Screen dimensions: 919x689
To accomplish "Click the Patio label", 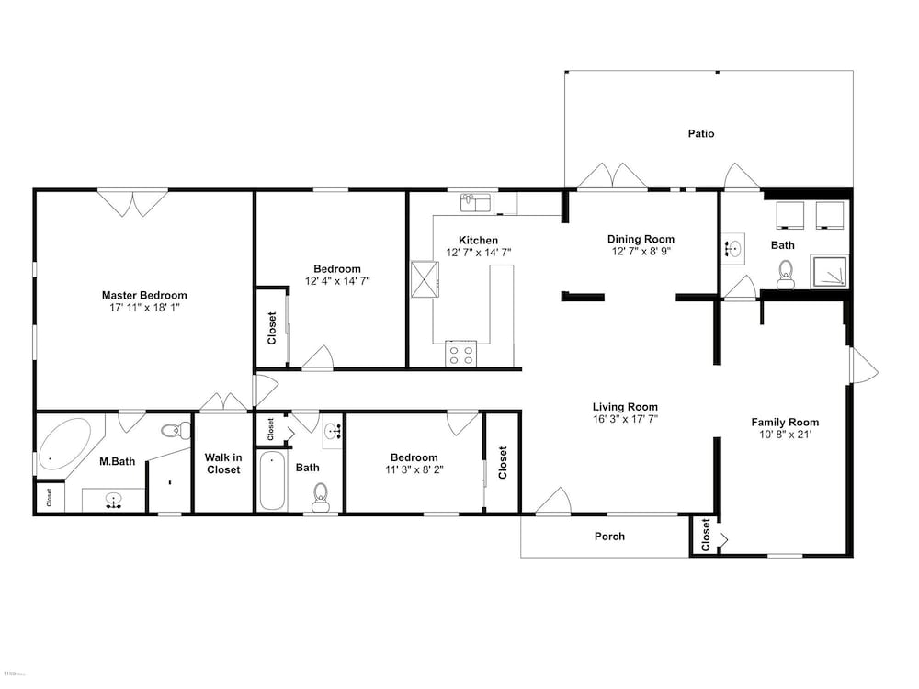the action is coord(701,133).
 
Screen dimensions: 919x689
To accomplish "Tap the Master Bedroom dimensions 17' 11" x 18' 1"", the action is coord(144,308).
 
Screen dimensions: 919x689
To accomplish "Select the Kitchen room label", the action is coord(478,240).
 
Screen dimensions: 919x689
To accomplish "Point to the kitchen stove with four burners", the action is coord(460,354).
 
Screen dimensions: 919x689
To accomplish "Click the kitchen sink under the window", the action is coord(477,203).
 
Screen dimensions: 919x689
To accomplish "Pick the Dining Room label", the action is coord(641,239).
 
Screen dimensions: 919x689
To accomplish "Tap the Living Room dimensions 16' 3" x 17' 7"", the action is coord(625,419).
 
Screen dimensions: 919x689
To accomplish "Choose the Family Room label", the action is coord(785,423).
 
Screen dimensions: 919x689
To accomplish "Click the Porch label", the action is coord(609,537).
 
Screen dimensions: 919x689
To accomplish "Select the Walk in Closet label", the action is coord(223,463).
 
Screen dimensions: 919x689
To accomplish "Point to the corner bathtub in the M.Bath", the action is coord(64,444).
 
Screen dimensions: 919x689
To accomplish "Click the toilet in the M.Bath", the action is coord(176,431).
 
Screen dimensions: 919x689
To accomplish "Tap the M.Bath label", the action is coord(118,462).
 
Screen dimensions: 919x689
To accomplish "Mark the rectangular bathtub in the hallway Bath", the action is coord(272,480).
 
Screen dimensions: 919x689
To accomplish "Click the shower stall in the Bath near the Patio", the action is coord(829,271).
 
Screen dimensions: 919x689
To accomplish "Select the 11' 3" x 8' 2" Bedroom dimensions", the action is coord(414,469).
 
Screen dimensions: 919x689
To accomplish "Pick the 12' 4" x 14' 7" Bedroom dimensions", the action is coord(337,281).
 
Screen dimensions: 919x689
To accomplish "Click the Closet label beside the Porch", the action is coord(706,535).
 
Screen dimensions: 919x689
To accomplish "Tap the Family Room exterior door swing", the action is coord(863,366).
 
